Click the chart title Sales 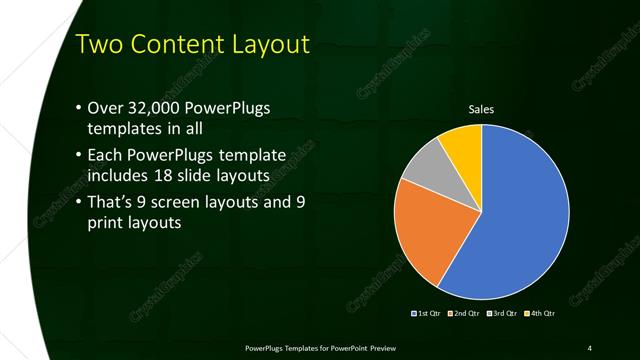482,109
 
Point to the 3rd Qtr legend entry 502,314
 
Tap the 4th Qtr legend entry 539,314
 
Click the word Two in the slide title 101,46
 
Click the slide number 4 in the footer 590,347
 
